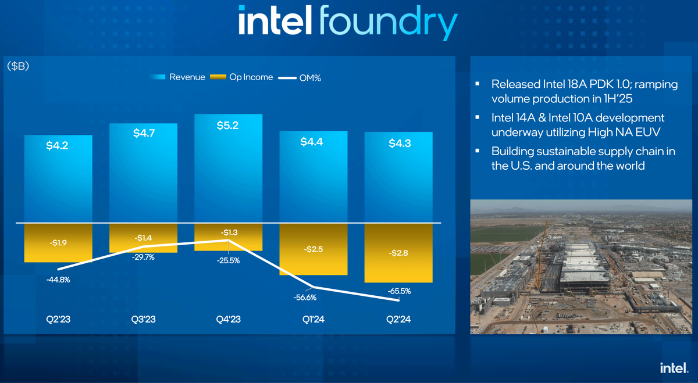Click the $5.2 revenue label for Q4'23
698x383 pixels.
(228, 126)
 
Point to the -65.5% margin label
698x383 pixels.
(398, 291)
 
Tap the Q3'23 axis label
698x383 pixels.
(143, 319)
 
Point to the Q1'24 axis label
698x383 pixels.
(314, 319)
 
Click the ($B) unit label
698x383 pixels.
(18, 66)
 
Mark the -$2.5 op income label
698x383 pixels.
(313, 249)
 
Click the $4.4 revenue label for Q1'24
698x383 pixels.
(313, 141)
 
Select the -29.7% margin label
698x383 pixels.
(143, 257)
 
